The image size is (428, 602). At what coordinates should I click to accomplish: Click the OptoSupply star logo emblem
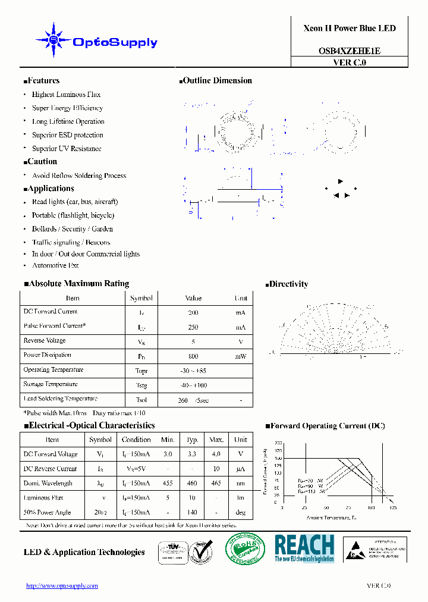(53, 40)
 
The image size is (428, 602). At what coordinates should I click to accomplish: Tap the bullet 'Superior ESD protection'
(67, 135)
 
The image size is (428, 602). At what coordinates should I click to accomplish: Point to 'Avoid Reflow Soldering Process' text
(79, 175)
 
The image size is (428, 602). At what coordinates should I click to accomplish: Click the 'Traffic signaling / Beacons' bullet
(71, 242)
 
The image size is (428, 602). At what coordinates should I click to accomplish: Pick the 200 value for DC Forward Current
(193, 312)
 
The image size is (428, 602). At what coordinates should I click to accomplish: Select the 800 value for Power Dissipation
(193, 356)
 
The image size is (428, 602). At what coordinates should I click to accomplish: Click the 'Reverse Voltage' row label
(45, 341)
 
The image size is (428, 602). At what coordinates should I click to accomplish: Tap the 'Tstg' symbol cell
(141, 385)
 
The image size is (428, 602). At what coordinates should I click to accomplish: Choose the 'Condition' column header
(136, 440)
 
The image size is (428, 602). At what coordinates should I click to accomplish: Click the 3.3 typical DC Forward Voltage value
(191, 454)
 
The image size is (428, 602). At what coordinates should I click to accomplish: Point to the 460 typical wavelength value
(191, 484)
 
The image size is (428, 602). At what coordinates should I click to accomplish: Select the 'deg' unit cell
(240, 512)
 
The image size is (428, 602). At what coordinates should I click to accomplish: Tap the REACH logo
(304, 548)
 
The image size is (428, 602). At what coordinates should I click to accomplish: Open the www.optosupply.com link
(62, 586)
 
